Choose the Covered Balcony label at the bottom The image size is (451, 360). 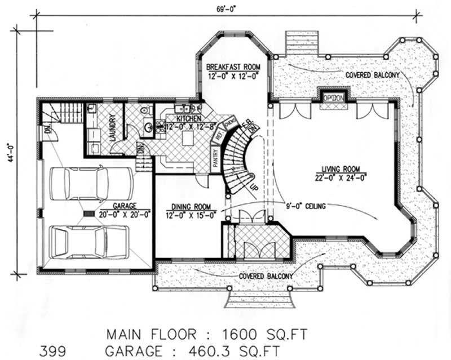[265, 276]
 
